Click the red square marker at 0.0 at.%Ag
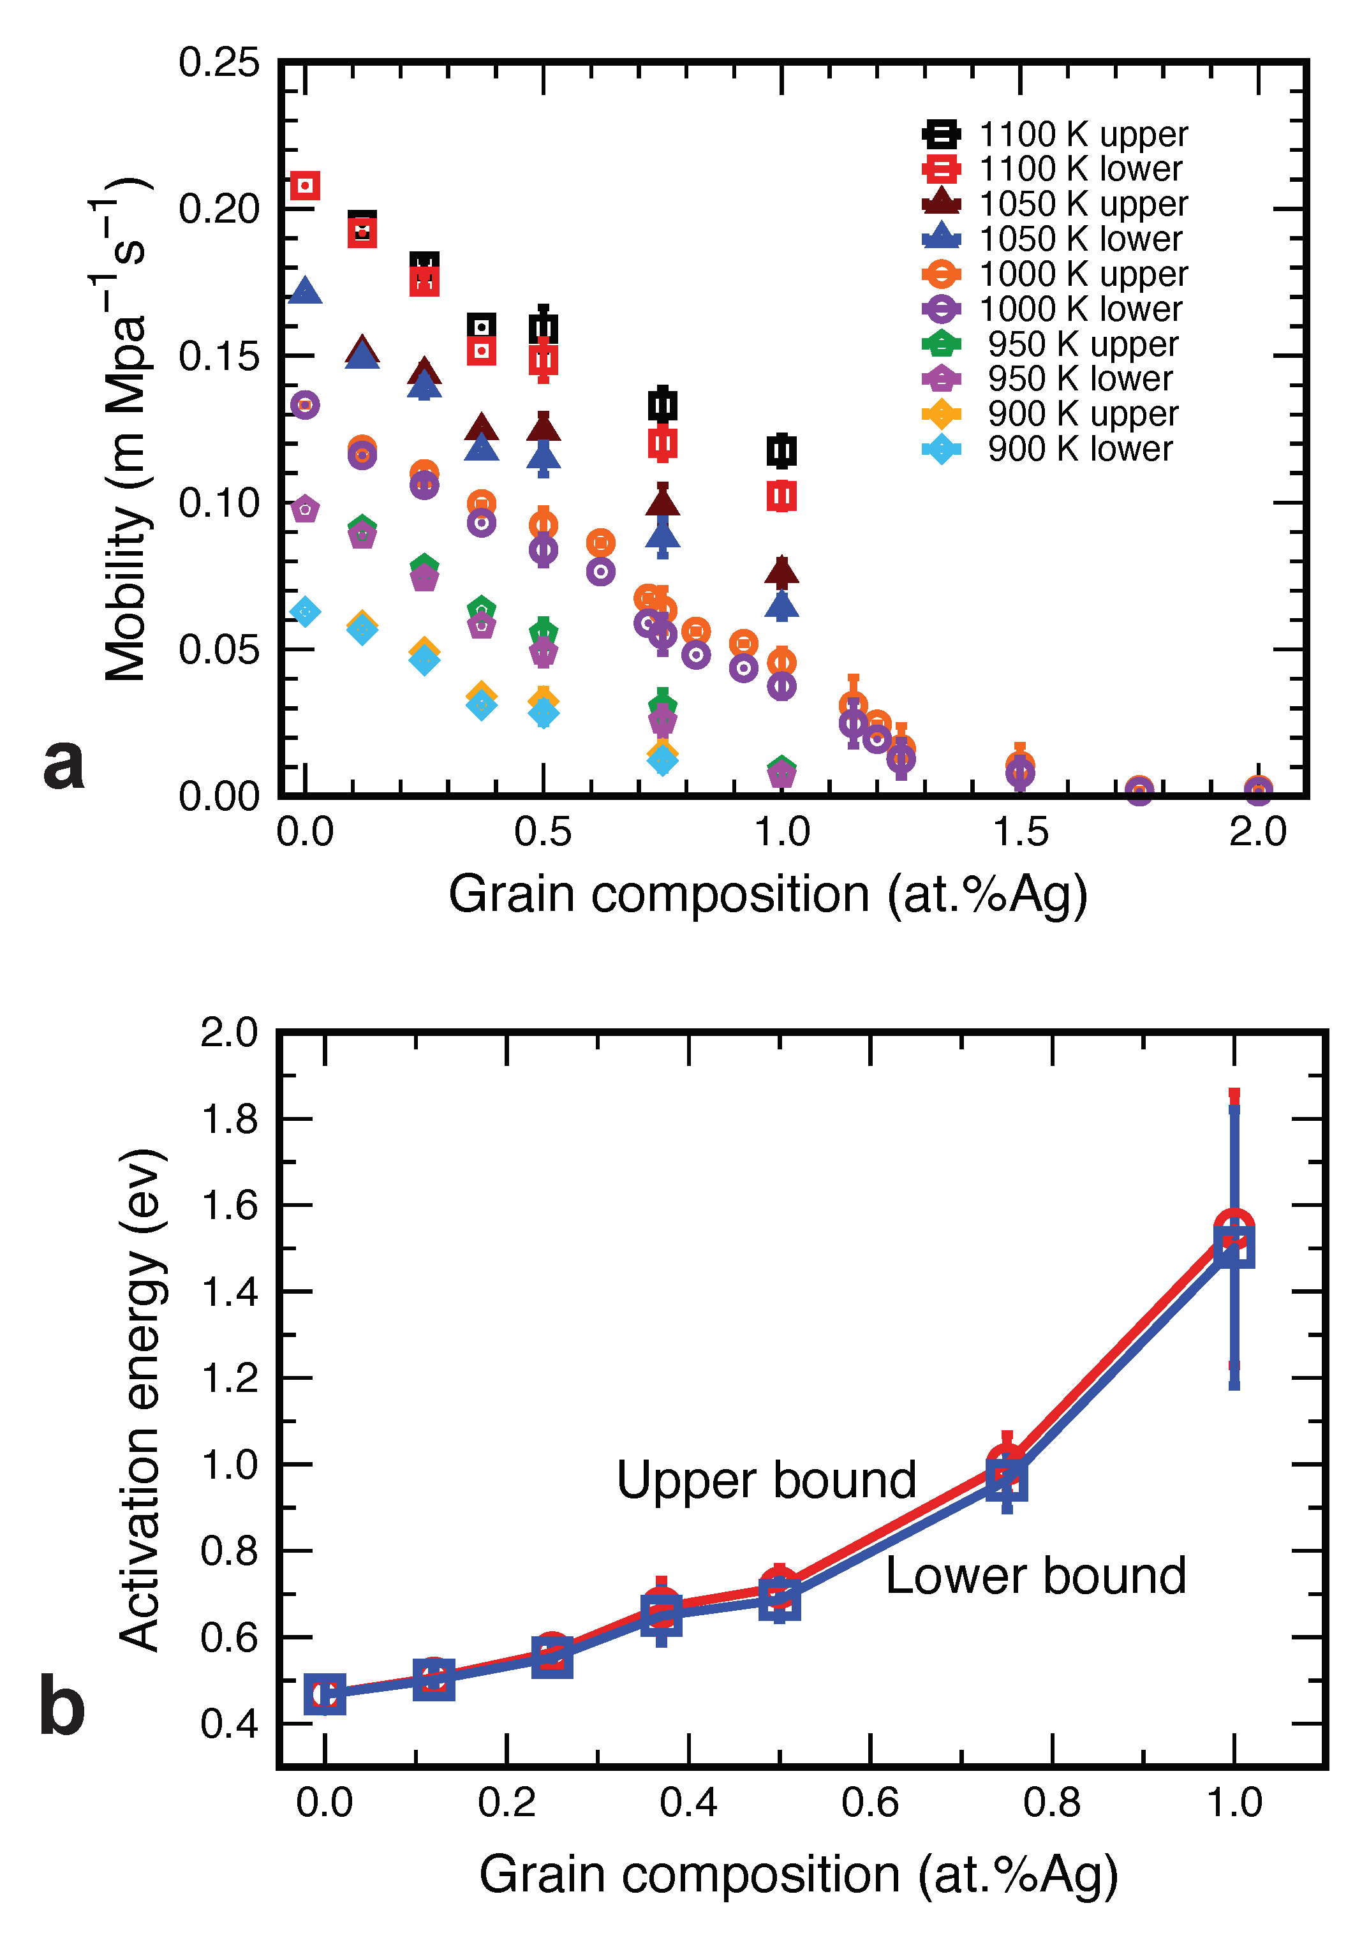(x=305, y=185)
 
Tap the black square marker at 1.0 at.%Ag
(x=781, y=451)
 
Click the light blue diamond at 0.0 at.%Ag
(x=305, y=611)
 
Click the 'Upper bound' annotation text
(x=766, y=1481)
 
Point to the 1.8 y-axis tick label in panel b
(x=229, y=1120)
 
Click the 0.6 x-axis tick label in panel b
(x=870, y=1803)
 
